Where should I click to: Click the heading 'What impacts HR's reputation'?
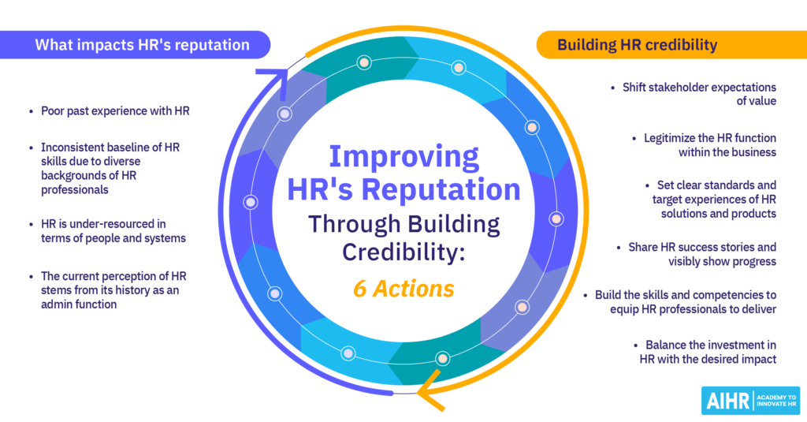coord(142,45)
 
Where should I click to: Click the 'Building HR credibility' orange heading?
coord(637,45)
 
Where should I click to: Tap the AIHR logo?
coord(750,401)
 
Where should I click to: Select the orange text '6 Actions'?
coord(403,289)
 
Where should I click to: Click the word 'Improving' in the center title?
coord(404,157)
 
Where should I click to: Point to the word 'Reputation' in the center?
coord(441,189)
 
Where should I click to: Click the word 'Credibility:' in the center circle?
coord(403,252)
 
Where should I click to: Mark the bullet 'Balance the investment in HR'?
coord(708,352)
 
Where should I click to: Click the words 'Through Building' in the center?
coord(403,224)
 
